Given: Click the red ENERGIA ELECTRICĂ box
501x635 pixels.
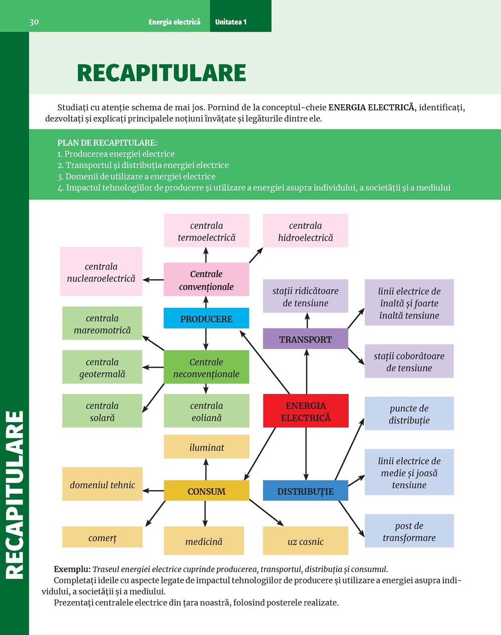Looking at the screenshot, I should (306, 411).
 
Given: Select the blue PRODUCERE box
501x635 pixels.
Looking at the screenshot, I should (206, 319).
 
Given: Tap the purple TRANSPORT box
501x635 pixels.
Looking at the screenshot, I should (306, 339).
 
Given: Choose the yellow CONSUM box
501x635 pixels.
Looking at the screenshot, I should (206, 491).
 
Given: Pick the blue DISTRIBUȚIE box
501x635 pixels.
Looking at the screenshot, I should (306, 491).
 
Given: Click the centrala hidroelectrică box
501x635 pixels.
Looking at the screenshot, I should (306, 231).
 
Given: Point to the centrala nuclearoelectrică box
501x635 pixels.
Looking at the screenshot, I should (101, 272).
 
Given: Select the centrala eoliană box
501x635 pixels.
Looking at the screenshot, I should (206, 411).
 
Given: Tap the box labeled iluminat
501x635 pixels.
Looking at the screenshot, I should (206, 447).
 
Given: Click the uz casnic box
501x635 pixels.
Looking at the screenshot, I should (306, 541).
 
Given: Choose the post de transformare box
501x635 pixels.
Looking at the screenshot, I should (409, 531).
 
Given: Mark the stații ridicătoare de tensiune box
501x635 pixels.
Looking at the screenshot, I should (306, 296).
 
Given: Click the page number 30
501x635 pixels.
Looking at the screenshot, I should (34, 22).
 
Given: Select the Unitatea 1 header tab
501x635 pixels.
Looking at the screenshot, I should (231, 22).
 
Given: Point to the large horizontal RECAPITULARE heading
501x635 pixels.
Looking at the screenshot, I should (161, 73).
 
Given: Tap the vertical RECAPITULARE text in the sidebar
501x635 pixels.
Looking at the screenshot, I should (15, 495).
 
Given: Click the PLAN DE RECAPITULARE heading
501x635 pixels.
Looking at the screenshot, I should (107, 143).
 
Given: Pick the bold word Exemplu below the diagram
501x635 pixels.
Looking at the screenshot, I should (72, 569).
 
